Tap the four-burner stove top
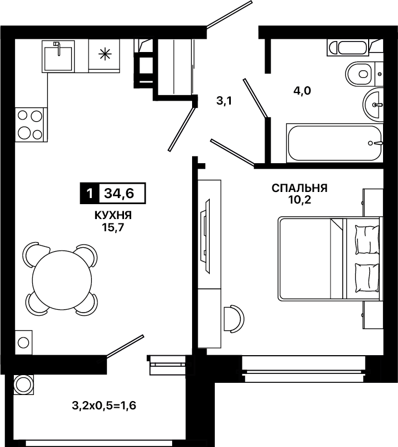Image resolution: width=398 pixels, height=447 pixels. tap(31, 124)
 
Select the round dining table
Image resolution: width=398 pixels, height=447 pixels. tap(62, 280)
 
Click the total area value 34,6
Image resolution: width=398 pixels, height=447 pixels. tap(119, 194)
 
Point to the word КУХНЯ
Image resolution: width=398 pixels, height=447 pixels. tap(113, 216)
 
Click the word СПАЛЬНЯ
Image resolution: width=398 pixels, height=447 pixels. tap(299, 188)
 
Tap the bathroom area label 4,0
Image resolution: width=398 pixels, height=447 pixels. tap(302, 91)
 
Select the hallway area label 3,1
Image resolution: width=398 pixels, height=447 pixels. tap(224, 101)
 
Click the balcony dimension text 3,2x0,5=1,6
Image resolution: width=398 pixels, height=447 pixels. tap(104, 406)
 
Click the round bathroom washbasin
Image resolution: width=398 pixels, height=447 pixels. tap(373, 105)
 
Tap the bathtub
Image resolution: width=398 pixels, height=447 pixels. tap(334, 143)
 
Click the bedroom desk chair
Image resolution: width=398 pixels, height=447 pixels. tap(235, 318)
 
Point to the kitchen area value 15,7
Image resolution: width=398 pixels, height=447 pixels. tap(113, 228)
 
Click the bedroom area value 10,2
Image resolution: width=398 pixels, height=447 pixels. tap(299, 200)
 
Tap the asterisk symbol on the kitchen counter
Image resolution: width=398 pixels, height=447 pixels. tap(105, 54)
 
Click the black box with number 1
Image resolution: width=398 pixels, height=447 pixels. tap(89, 194)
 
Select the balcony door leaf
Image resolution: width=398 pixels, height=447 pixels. tap(125, 346)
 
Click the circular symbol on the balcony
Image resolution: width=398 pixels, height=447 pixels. tap(23, 385)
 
